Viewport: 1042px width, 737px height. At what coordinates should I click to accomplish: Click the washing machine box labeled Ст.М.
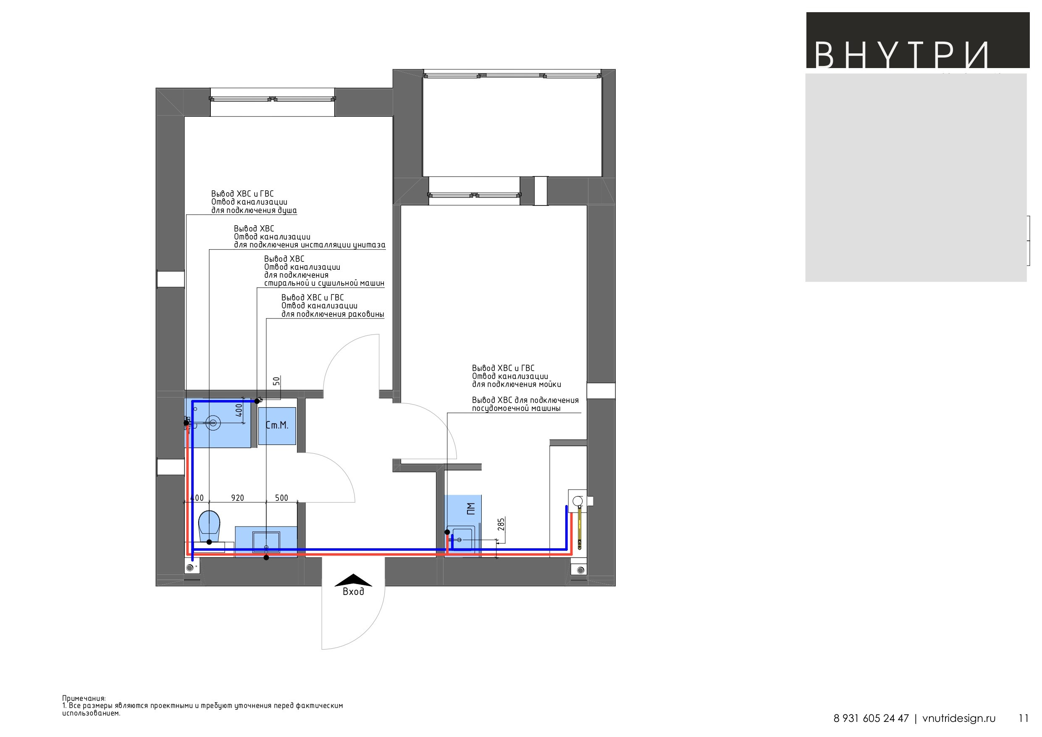click(277, 426)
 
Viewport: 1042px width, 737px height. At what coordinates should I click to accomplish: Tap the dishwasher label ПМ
click(471, 508)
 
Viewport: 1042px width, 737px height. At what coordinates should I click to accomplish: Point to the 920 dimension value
click(237, 497)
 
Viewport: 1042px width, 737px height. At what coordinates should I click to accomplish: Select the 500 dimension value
click(281, 497)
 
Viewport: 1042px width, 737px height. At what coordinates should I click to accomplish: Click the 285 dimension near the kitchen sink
click(501, 524)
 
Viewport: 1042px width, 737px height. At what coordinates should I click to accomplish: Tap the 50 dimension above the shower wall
click(276, 381)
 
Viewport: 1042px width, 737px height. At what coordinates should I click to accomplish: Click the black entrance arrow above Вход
click(353, 580)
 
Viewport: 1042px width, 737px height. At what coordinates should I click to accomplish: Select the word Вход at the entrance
click(353, 592)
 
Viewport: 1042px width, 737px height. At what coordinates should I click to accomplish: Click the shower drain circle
click(213, 423)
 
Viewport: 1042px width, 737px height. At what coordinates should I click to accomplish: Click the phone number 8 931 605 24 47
click(871, 719)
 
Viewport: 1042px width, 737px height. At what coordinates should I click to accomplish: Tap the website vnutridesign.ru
click(959, 719)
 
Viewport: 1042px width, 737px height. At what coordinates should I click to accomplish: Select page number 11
click(1024, 719)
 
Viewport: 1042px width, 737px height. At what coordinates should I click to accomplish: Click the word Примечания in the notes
click(84, 698)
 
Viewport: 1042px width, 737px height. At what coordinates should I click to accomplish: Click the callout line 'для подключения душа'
click(254, 211)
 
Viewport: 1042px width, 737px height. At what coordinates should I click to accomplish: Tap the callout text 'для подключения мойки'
click(517, 384)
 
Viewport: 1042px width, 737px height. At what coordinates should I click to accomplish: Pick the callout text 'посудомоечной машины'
click(516, 408)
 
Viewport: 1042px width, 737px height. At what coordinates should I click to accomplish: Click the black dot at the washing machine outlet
click(257, 401)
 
